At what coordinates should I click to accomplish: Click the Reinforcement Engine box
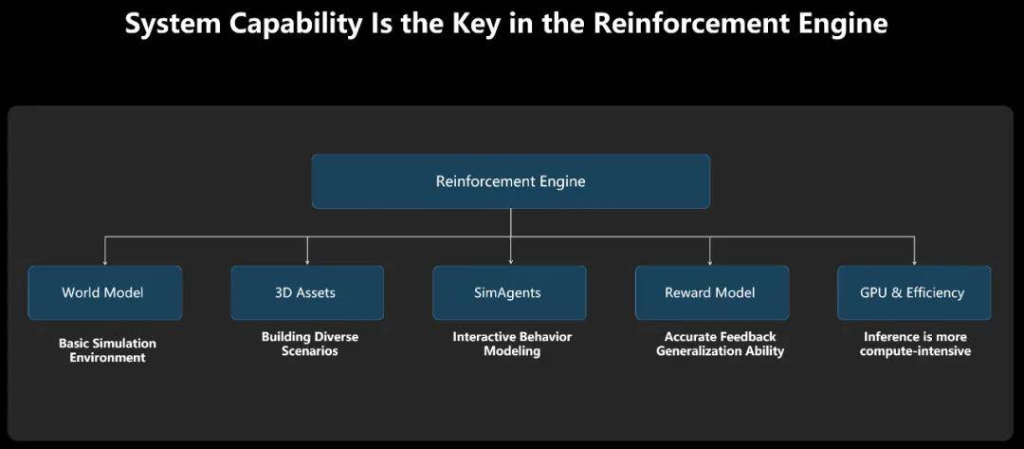tap(511, 181)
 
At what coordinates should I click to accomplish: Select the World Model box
tap(104, 292)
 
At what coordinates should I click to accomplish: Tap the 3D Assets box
tap(307, 292)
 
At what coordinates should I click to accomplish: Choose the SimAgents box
tap(509, 292)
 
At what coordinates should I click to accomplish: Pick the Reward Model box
tap(712, 292)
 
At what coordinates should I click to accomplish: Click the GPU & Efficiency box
tap(914, 292)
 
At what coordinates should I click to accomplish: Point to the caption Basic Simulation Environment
tap(108, 350)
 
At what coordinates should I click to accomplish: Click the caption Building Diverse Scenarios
tap(310, 344)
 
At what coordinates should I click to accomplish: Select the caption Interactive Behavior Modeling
tap(512, 344)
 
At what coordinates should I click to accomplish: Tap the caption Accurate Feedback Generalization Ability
tap(720, 344)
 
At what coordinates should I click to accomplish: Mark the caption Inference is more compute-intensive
tap(915, 344)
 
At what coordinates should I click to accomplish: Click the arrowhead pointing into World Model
tap(104, 262)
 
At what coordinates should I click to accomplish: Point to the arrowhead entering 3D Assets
tap(307, 262)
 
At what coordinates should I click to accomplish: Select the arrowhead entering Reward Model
tap(710, 262)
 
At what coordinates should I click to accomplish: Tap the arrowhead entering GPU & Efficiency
tap(914, 262)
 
